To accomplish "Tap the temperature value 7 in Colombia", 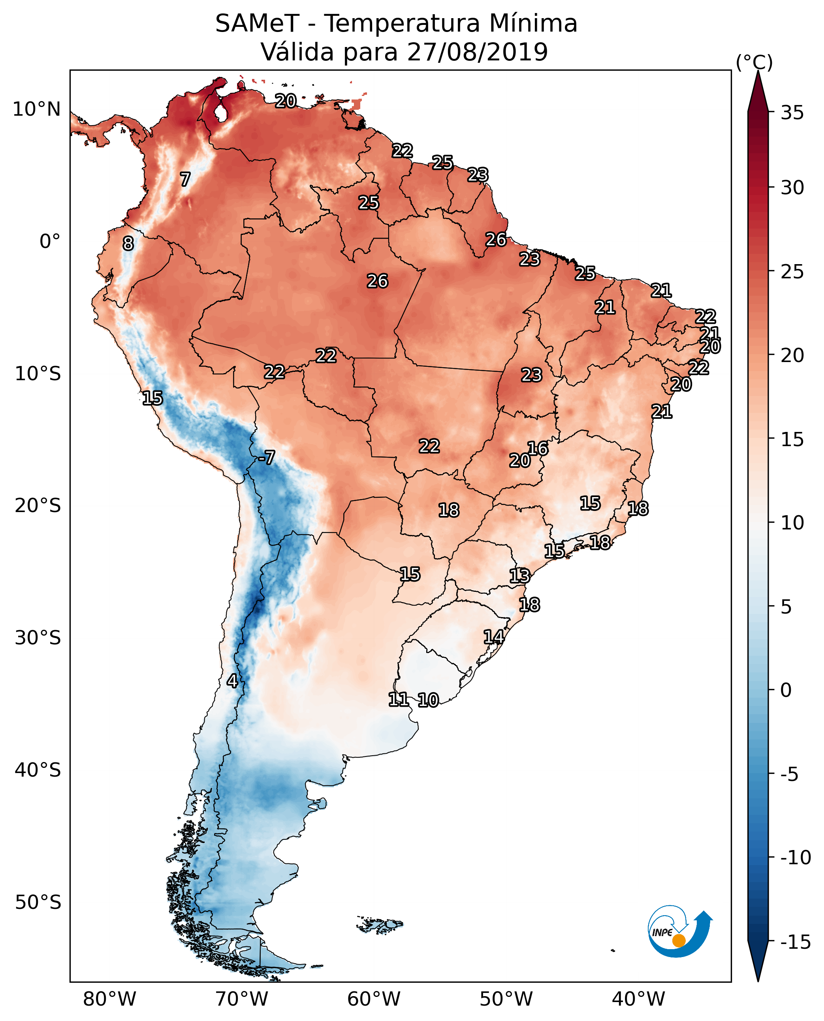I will [185, 179].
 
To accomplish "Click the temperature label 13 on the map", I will [520, 576].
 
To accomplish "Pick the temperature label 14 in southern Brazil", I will [494, 637].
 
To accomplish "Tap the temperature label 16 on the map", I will [538, 449].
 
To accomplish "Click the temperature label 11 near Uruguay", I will [398, 699].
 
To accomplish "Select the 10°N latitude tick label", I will [37, 110].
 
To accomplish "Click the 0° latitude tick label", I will [50, 242].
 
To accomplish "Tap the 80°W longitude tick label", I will [110, 999].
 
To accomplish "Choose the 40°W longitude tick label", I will [638, 999].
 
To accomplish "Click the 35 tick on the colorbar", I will [792, 113].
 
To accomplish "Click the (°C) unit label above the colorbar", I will [754, 62].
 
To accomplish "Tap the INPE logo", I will [680, 931].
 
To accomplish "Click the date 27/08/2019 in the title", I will [478, 52].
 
